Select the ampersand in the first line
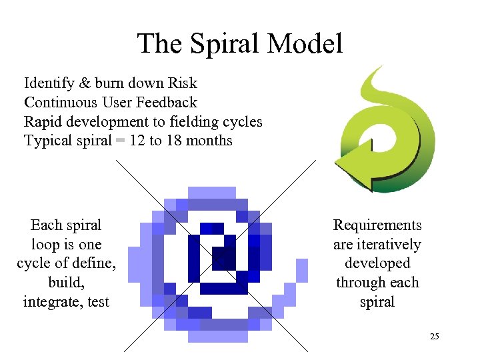click(x=84, y=83)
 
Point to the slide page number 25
click(x=434, y=337)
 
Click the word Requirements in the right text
click(x=377, y=225)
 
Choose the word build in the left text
click(x=66, y=283)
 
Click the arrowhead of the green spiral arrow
click(x=349, y=166)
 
